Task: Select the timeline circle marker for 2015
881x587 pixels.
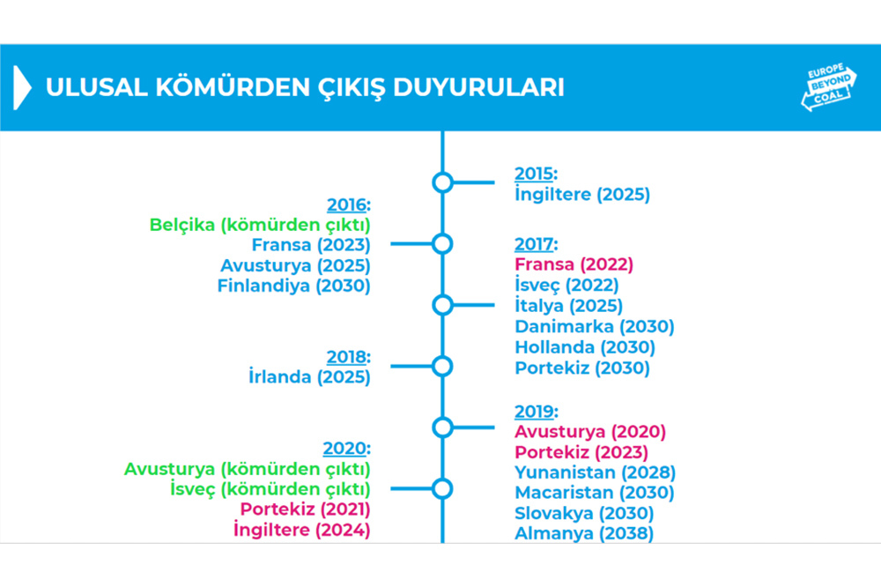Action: [442, 182]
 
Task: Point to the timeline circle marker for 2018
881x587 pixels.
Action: [442, 365]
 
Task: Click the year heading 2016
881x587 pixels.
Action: [347, 205]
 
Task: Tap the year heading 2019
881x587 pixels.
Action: [536, 412]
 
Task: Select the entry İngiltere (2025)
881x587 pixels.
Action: [582, 195]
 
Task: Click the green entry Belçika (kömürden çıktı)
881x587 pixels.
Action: [260, 224]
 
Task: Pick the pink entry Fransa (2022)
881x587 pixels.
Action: [574, 264]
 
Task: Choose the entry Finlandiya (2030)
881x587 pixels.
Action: [293, 285]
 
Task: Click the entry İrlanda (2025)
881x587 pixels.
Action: [309, 377]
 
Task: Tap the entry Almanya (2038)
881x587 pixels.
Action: [584, 533]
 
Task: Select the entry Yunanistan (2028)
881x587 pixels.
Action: [595, 472]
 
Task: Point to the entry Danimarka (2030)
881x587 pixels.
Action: [595, 327]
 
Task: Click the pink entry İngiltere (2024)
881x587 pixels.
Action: [301, 530]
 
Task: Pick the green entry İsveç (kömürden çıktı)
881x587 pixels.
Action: [270, 489]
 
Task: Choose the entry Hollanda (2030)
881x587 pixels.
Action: [585, 347]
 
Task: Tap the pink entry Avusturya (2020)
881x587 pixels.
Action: [590, 432]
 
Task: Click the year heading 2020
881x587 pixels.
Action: [345, 449]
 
